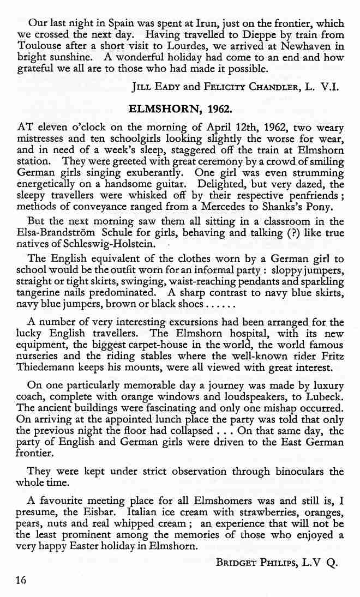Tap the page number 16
pyautogui.click(x=21, y=580)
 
